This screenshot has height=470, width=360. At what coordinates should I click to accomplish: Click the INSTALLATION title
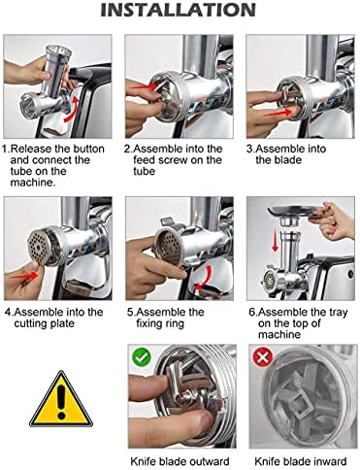tap(178, 10)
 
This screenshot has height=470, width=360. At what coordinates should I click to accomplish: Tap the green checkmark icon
tap(142, 356)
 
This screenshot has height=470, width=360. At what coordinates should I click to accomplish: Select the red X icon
tap(262, 357)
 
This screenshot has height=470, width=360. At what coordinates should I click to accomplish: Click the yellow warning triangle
tap(61, 399)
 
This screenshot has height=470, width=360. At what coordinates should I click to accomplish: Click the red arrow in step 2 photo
tap(144, 86)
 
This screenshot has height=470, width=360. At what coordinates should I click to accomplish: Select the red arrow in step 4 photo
tap(24, 276)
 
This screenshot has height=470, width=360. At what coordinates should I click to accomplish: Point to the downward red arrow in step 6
tap(275, 238)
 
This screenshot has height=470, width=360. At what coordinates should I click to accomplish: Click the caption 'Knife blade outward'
tap(180, 461)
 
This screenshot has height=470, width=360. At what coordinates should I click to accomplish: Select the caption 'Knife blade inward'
tap(301, 461)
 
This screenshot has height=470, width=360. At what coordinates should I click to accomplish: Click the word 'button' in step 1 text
tap(88, 149)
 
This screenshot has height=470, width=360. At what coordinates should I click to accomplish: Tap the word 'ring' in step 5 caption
tap(174, 324)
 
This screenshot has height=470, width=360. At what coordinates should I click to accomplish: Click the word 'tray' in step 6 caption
tap(337, 313)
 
